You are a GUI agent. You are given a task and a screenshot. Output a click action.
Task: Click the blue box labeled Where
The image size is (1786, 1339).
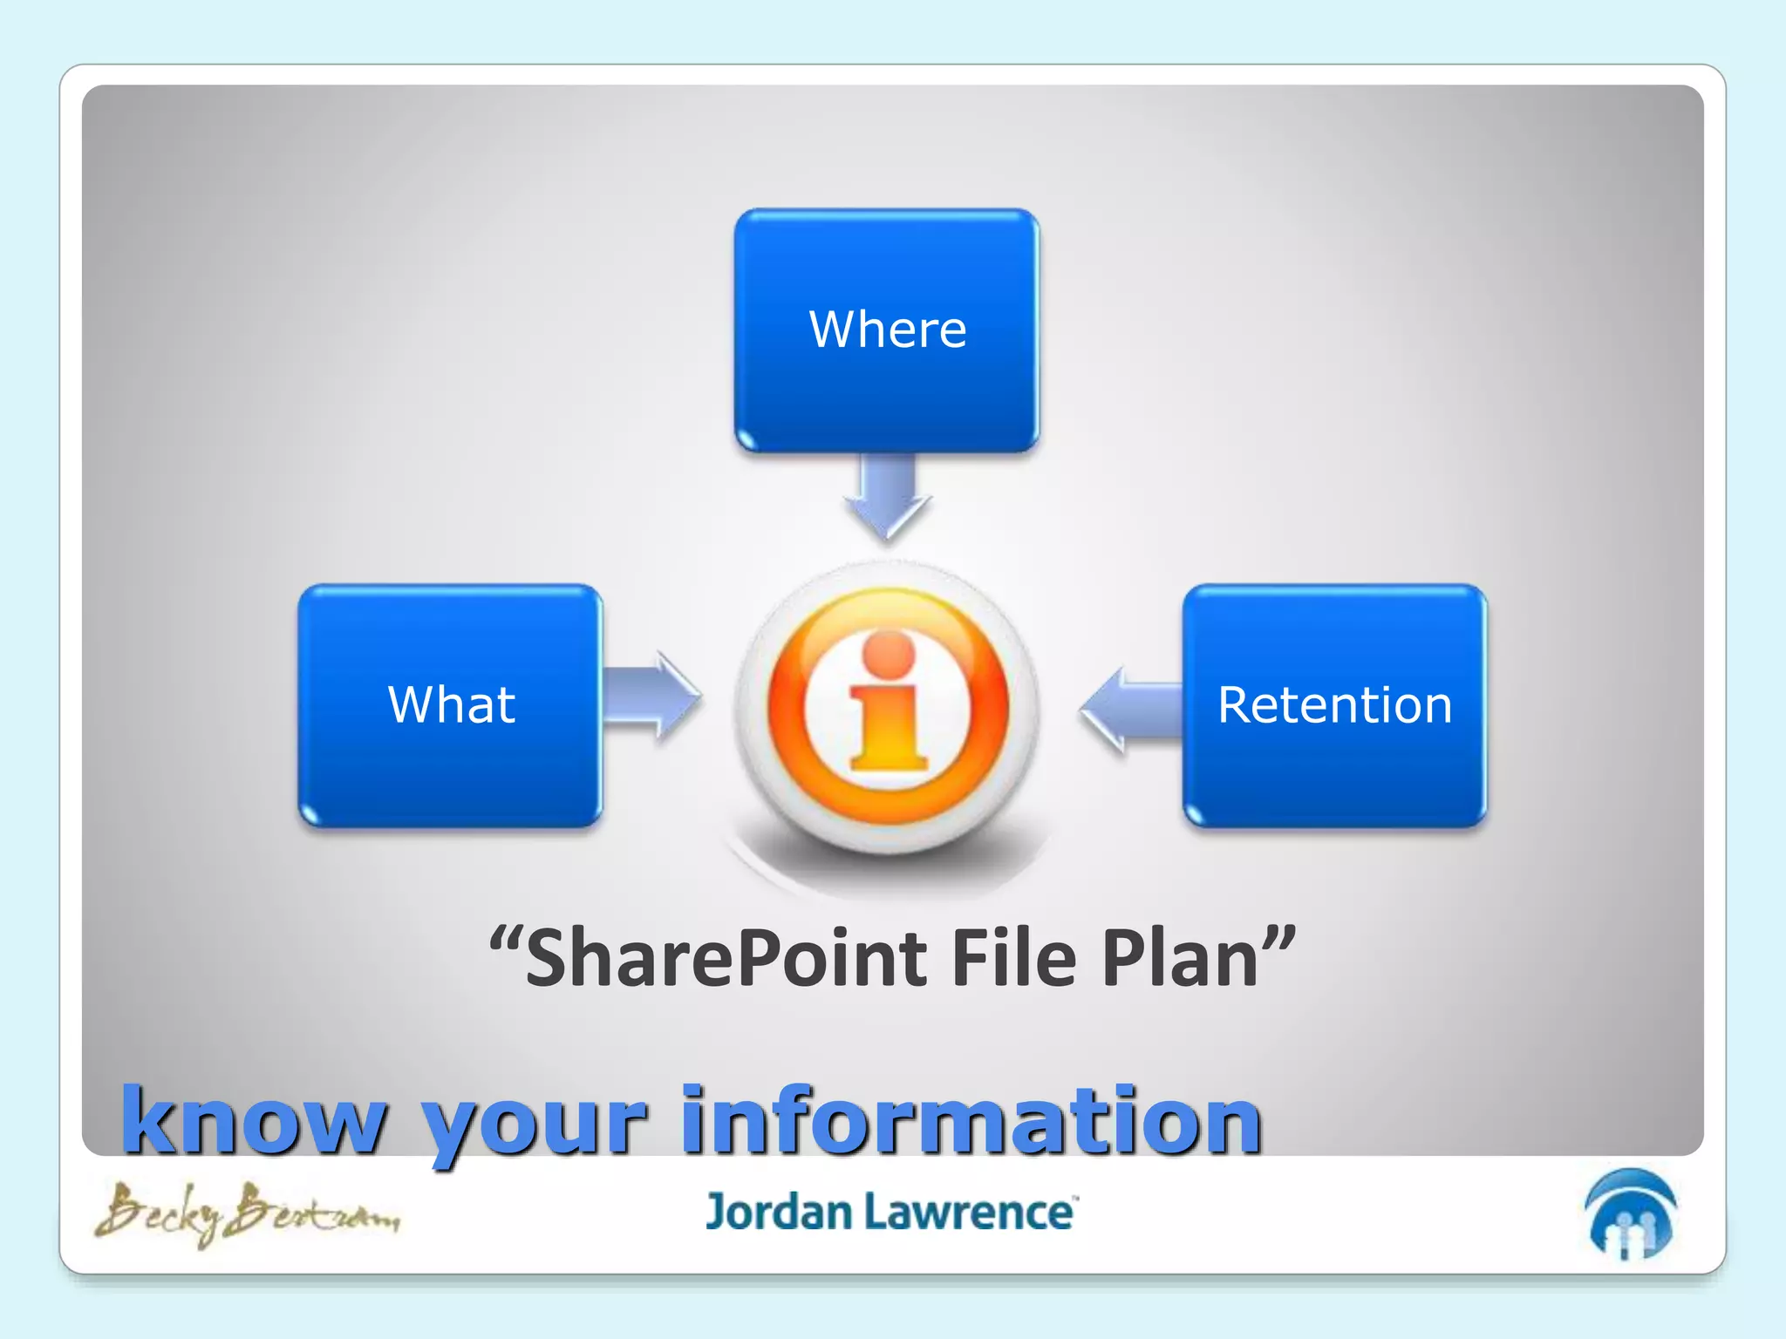click(886, 330)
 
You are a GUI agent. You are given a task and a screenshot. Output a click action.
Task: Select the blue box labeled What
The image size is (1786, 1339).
click(450, 705)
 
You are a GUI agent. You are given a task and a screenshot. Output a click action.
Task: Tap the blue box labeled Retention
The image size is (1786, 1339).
click(1334, 705)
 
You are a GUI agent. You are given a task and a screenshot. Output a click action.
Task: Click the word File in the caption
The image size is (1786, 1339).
click(1013, 959)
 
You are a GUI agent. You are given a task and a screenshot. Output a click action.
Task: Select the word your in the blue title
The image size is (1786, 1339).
click(534, 1125)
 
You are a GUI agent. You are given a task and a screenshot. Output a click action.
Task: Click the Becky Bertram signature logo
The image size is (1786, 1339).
click(248, 1213)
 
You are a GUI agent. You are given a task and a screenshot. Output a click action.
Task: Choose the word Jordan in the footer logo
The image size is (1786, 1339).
click(778, 1213)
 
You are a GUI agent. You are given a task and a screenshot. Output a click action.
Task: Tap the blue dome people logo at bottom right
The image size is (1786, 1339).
click(1630, 1214)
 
